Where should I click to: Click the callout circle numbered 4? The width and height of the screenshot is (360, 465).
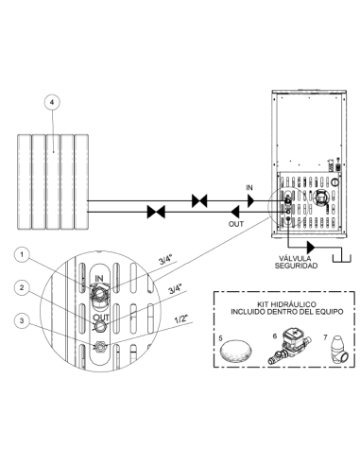coord(52,102)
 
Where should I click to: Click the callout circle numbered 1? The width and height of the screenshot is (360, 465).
coord(22,255)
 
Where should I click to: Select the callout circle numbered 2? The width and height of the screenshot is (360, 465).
coord(22,288)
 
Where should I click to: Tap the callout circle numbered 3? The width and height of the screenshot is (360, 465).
coord(22,320)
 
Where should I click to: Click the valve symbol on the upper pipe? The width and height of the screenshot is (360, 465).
coord(199,200)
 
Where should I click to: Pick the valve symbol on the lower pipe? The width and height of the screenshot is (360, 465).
coord(156,212)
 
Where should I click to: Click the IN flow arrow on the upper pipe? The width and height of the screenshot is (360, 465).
coord(250,200)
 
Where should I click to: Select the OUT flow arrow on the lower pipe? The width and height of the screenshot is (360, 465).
coord(234,212)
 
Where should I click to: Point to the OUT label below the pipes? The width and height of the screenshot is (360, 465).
coord(236,224)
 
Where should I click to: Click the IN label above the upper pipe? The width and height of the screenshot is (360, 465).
coord(249,188)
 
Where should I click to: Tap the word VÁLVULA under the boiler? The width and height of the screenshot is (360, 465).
coord(288,258)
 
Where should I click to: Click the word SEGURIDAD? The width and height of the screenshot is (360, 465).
coord(296,266)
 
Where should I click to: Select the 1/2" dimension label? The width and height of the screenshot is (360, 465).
coord(181,319)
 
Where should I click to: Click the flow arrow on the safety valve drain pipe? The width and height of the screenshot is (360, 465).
coord(311,248)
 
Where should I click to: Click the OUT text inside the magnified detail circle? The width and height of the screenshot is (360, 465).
coord(101,318)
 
